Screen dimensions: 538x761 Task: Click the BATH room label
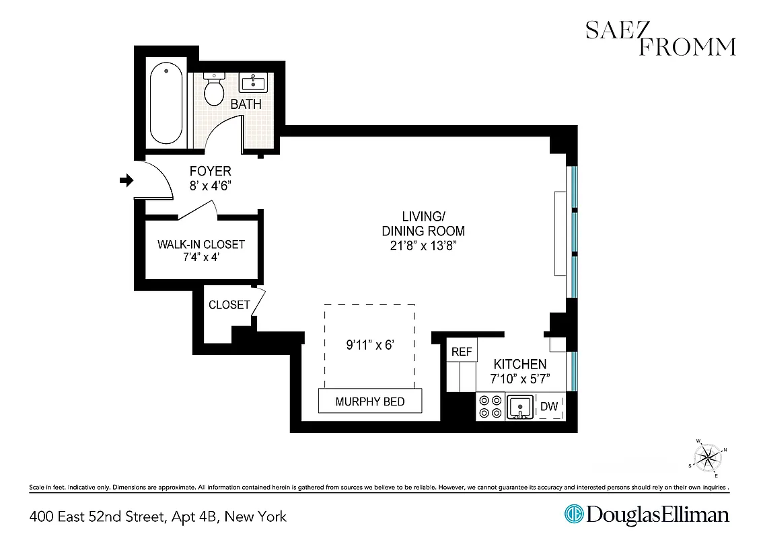(246, 105)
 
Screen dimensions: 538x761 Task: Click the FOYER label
(210, 171)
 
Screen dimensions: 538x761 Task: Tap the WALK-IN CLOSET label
(201, 244)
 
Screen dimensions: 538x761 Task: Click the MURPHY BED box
(370, 401)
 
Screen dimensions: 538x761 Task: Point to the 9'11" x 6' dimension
(369, 346)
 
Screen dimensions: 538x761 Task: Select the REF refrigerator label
(462, 352)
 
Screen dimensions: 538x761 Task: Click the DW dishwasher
(549, 406)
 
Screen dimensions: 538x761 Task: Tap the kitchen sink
(519, 407)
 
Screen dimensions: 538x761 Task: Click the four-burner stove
(490, 406)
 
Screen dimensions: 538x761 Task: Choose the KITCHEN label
(520, 364)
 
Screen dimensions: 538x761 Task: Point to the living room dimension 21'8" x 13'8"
(424, 245)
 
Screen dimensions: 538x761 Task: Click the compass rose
(709, 458)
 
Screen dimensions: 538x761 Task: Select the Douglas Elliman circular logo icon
(573, 515)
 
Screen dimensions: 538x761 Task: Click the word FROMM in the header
(688, 46)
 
